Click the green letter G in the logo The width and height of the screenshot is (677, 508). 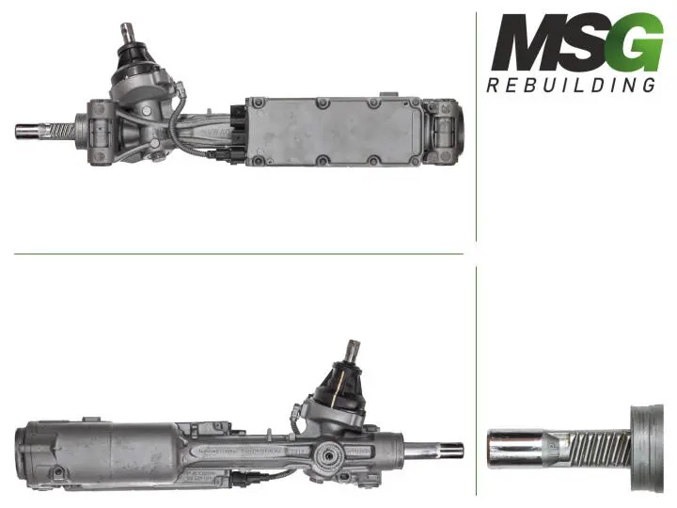click(633, 44)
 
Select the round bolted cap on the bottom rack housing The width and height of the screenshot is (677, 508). click(330, 460)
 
